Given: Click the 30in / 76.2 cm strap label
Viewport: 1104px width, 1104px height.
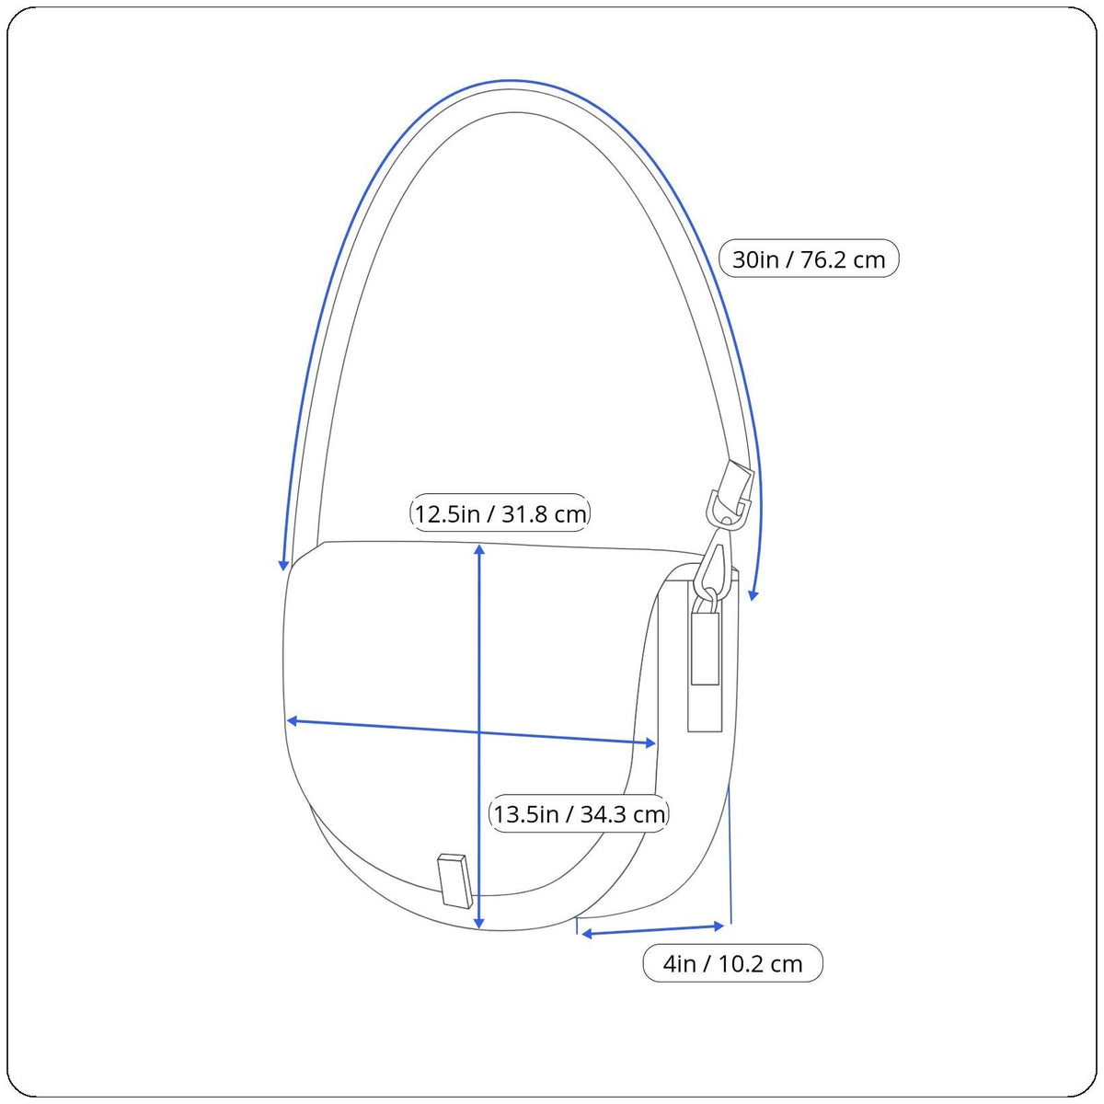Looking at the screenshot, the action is [809, 259].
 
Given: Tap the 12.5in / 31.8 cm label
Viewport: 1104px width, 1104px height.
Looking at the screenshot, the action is [500, 513].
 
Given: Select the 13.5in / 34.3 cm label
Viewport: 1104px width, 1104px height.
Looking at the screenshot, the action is [579, 813].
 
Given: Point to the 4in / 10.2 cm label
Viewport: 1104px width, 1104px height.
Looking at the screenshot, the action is [732, 963].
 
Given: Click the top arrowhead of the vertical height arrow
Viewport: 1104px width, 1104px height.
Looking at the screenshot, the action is [479, 550].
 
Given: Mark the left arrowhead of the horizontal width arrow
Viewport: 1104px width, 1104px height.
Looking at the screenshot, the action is [293, 720].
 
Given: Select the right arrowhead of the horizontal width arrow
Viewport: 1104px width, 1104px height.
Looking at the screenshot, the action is [650, 743].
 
